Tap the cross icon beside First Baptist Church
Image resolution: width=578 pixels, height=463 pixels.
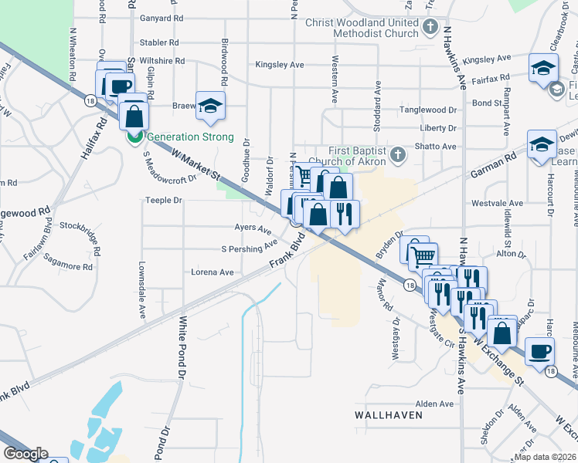(x=397, y=155)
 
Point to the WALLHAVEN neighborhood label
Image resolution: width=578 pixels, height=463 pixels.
(x=388, y=414)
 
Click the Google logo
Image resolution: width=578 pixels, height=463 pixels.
(x=25, y=454)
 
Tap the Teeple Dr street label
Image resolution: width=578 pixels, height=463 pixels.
(x=163, y=200)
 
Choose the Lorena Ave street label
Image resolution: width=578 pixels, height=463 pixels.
(x=212, y=272)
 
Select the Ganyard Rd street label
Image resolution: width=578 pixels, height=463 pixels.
(x=161, y=18)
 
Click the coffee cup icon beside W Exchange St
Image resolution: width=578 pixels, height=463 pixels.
(x=539, y=350)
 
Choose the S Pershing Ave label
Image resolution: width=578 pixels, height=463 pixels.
(x=249, y=248)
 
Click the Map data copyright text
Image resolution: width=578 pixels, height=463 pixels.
(x=546, y=457)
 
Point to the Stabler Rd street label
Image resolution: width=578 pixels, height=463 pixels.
(x=159, y=42)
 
